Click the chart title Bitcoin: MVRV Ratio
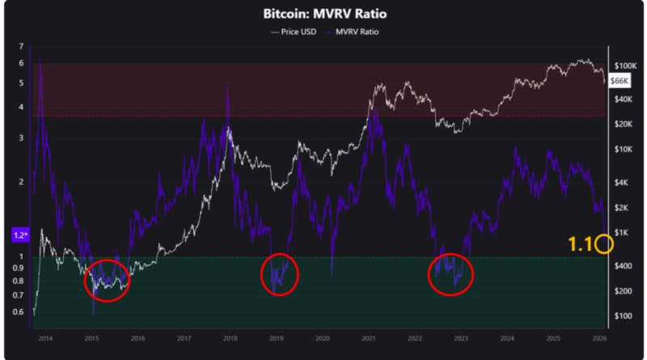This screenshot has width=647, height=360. coord(323,15)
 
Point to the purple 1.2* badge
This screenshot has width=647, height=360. coord(20,235)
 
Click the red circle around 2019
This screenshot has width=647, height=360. coord(279,276)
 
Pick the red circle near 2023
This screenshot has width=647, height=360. coord(450,276)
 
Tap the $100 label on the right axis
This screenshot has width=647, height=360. coord(622,316)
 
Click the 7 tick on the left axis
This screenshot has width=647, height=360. coord(22,47)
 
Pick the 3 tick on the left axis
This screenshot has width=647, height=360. coord(22,138)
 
